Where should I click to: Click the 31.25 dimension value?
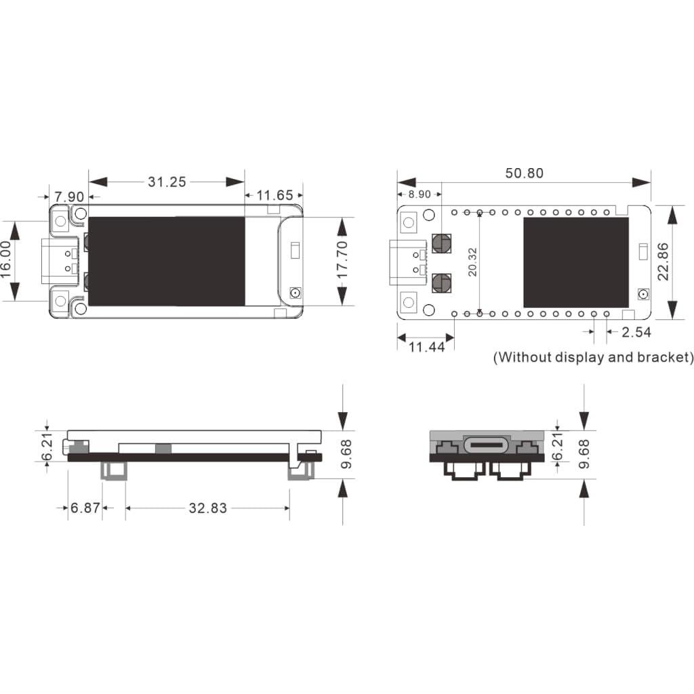(x=167, y=182)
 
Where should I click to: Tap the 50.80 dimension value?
(x=524, y=173)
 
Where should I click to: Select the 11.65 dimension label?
(x=274, y=196)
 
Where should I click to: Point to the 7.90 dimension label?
(x=69, y=197)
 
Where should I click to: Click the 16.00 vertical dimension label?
(x=6, y=260)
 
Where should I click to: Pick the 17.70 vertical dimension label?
(x=342, y=260)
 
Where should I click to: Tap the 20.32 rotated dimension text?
(x=472, y=262)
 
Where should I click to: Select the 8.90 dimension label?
(x=419, y=194)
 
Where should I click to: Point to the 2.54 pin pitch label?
(x=636, y=331)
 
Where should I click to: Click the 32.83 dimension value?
(x=207, y=508)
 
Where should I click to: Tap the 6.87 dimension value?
(x=85, y=508)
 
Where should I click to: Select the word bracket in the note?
(x=663, y=357)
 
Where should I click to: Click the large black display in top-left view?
(x=166, y=261)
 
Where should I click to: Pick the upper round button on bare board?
(x=442, y=243)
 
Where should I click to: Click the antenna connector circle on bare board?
(x=642, y=295)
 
